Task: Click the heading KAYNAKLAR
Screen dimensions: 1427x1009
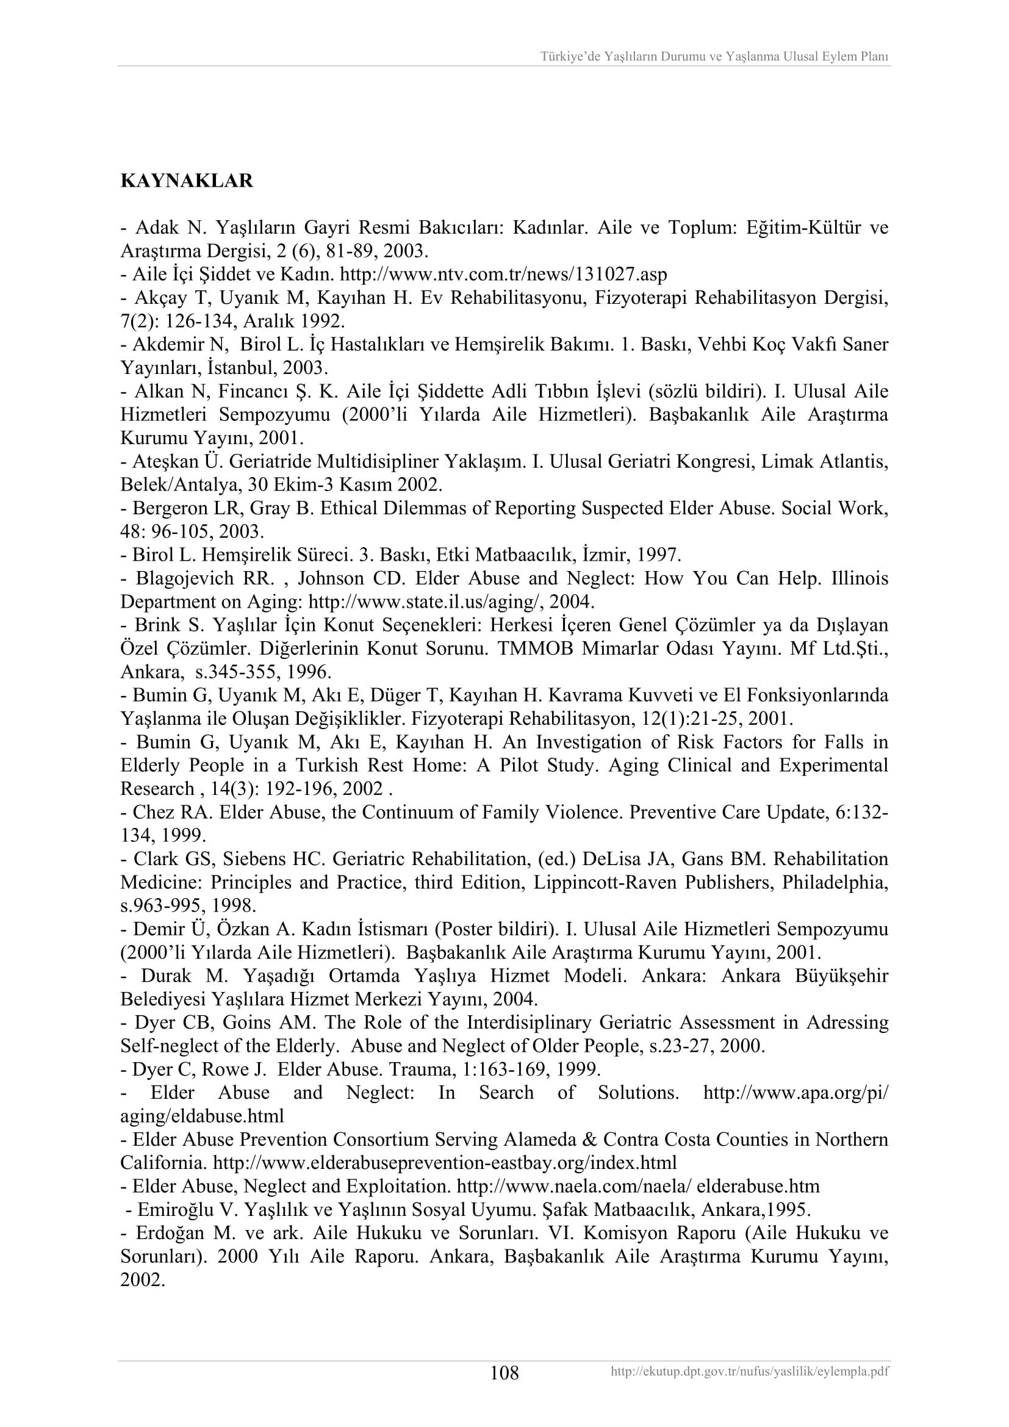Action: point(187,181)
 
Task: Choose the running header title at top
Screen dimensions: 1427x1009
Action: point(714,57)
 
